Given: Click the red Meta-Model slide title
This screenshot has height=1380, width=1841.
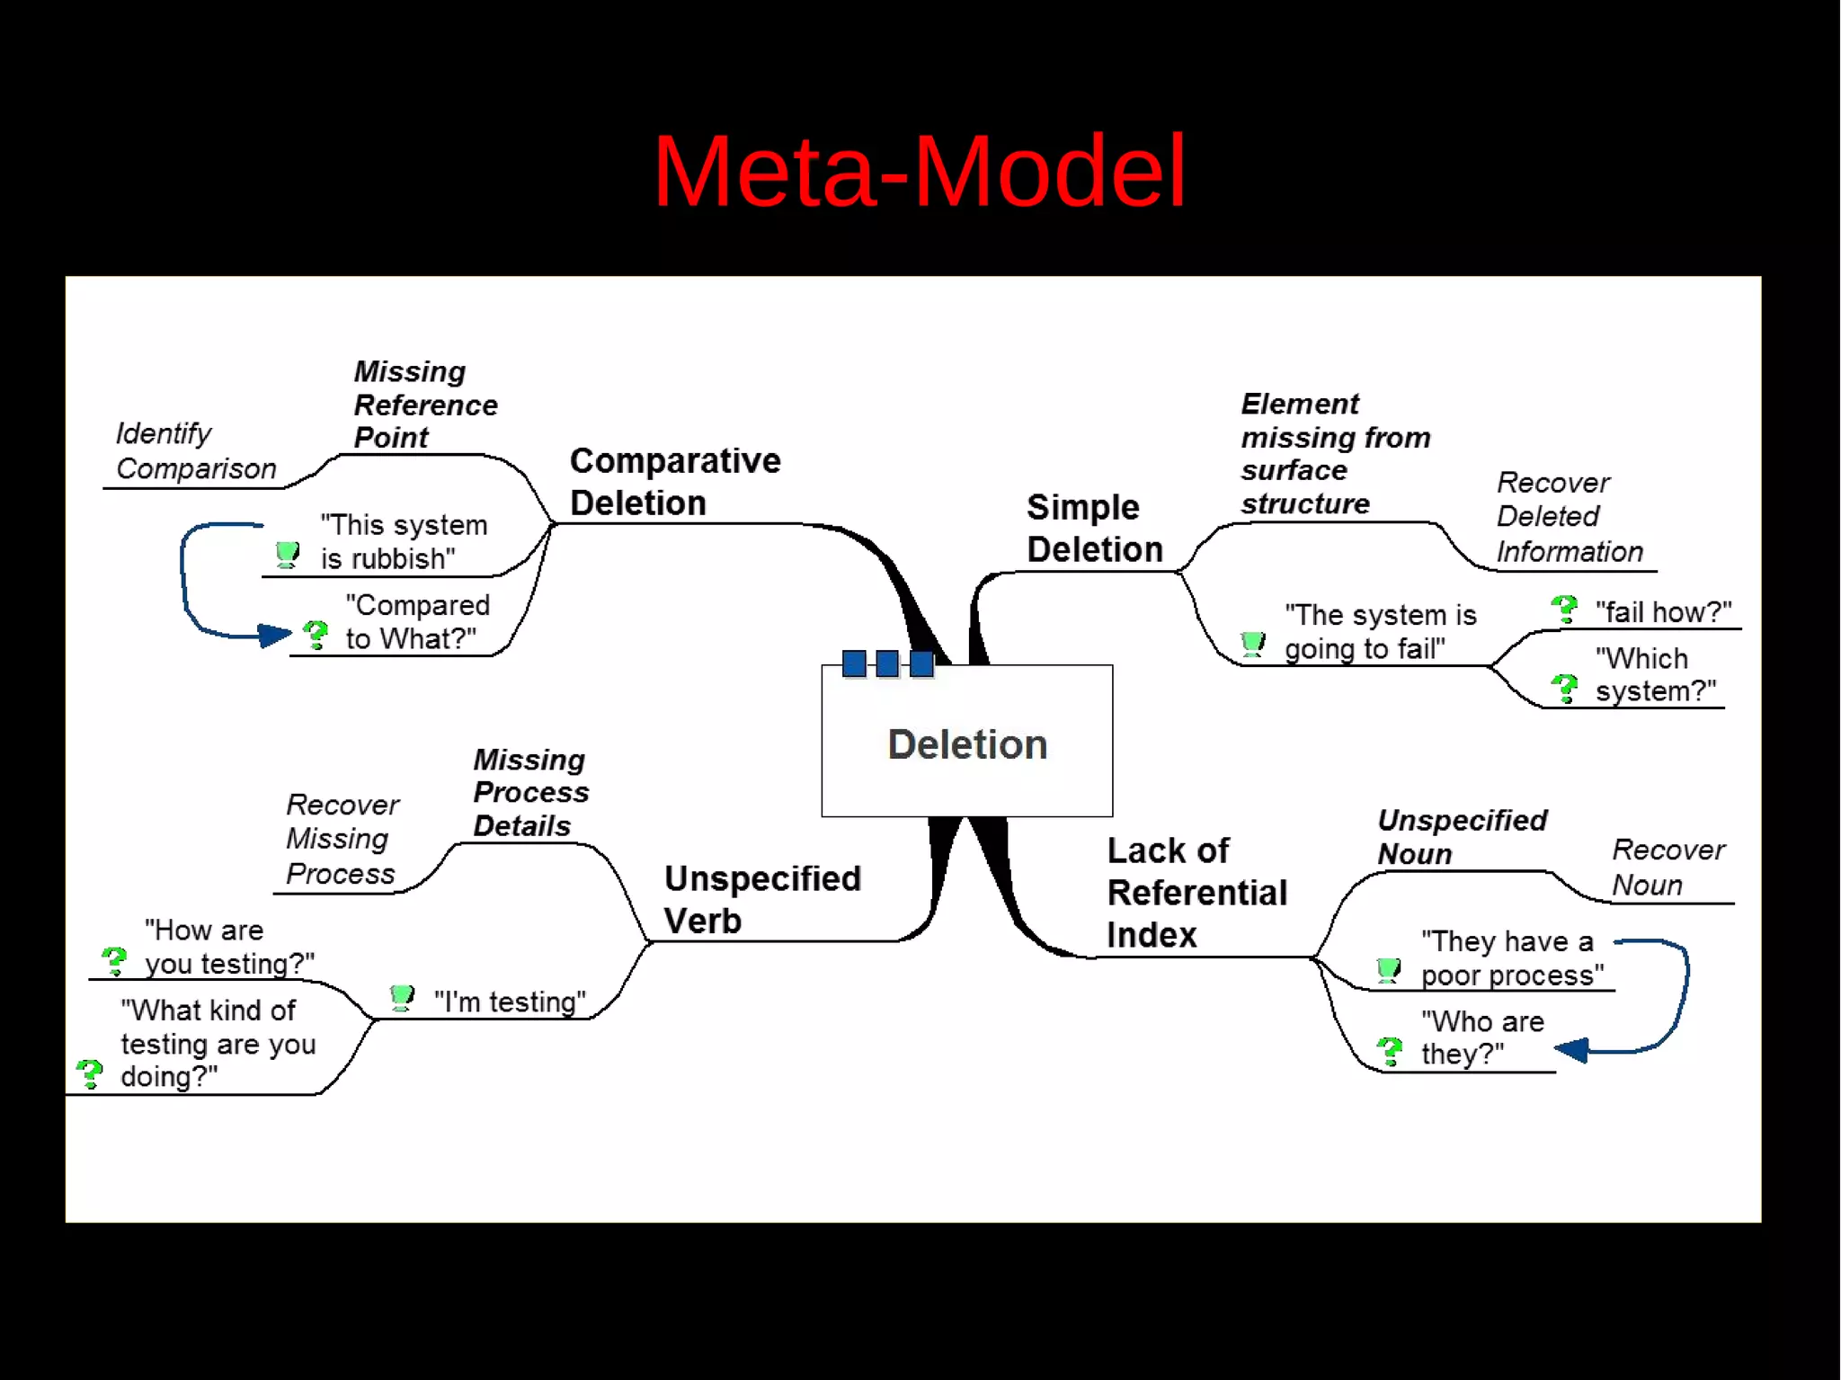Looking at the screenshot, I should [919, 171].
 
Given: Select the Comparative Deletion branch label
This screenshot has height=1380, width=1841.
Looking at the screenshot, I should [674, 482].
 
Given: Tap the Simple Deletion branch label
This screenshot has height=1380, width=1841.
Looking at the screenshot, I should [1094, 529].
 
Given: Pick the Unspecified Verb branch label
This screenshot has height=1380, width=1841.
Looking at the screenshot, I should [761, 899].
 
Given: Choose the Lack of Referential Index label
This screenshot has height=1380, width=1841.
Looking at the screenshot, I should [1196, 893].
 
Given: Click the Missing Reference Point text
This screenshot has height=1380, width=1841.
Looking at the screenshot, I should [424, 405].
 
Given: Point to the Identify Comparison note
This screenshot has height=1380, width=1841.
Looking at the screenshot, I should [195, 451].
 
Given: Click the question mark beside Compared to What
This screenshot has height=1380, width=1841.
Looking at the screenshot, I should [316, 635].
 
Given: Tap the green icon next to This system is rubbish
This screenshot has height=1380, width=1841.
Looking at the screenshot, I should [288, 554].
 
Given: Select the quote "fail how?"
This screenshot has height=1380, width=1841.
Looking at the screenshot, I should [1663, 612].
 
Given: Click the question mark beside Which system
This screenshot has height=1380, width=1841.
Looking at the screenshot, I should [1565, 689].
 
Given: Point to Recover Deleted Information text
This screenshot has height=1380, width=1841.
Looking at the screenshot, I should [1568, 517].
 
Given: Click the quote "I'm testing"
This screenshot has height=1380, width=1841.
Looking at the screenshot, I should [509, 1002].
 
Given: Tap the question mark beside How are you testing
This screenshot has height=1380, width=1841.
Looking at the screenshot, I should [114, 960].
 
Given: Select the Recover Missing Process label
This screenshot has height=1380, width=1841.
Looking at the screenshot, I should [341, 839].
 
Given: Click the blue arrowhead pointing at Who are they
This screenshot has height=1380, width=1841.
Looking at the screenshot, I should [1571, 1049].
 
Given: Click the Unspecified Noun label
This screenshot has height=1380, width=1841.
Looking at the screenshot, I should [1461, 836].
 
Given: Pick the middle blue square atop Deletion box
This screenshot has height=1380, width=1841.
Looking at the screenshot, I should [887, 663].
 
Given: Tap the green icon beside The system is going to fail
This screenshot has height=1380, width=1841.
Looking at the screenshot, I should [1252, 644].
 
